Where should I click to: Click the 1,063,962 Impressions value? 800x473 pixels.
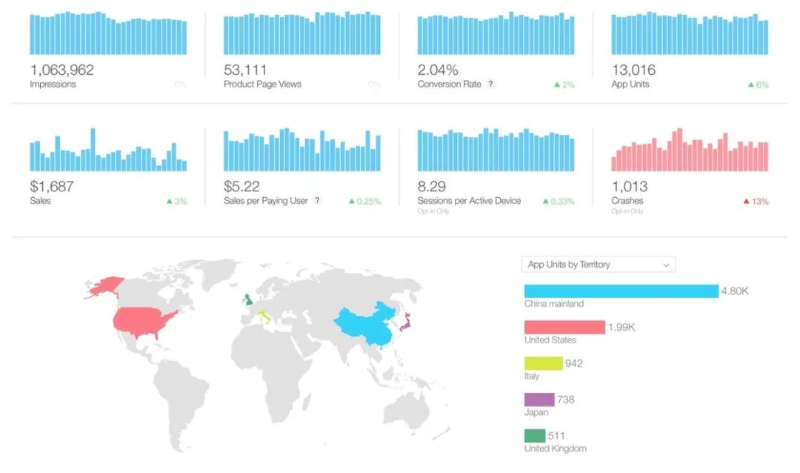61,70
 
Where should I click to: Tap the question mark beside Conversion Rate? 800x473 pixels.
490,85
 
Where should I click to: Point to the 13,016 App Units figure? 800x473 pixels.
633,70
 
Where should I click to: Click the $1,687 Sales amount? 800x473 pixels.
52,187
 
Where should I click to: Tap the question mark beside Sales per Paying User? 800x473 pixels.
317,201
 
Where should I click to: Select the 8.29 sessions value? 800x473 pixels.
432,187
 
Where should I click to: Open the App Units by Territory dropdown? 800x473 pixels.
599,265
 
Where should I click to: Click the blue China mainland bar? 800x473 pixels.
621,291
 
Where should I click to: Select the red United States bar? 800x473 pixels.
564,328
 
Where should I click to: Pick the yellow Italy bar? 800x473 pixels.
543,363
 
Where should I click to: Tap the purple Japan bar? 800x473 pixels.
539,400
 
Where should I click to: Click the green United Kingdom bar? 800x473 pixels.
534,435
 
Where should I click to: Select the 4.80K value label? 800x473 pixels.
735,291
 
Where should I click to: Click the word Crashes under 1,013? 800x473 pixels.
627,201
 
